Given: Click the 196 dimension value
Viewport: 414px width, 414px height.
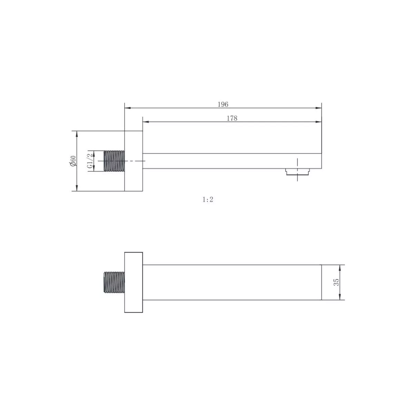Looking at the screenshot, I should tap(223, 104).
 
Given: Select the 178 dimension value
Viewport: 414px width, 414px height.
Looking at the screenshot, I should tap(232, 118).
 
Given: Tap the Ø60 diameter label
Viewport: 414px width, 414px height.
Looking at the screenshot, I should tap(73, 161).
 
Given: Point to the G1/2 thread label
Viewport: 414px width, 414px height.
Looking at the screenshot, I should tap(89, 161).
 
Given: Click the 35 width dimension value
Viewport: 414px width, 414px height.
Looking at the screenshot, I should tap(336, 282).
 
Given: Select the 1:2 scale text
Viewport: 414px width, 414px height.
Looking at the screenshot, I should tap(208, 199).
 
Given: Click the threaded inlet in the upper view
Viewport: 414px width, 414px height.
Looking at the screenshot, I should tap(114, 161).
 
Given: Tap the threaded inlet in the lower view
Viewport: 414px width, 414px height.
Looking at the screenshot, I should tap(114, 282).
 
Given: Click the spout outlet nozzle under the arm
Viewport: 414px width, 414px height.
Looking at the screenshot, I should tap(298, 172).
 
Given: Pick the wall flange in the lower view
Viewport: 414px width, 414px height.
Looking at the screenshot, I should tap(133, 282).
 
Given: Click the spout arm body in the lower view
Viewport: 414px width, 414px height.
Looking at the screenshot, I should tap(231, 282).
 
